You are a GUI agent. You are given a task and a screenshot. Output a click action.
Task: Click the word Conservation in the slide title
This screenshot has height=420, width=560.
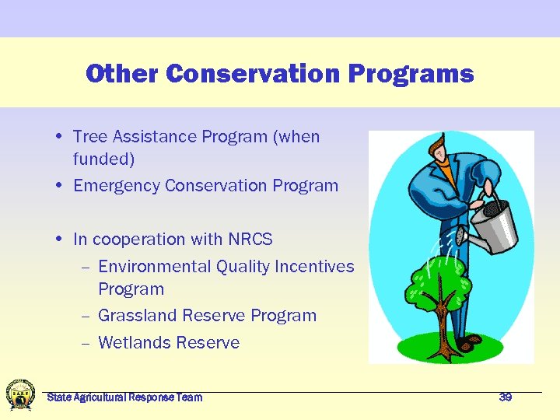click(254, 74)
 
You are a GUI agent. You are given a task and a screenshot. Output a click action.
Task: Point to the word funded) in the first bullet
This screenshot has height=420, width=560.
click(103, 159)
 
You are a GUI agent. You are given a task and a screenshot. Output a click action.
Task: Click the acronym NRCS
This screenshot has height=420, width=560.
click(250, 240)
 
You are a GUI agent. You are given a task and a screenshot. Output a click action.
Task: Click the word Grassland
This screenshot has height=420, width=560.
click(137, 316)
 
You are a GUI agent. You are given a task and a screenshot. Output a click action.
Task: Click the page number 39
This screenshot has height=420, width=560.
click(506, 397)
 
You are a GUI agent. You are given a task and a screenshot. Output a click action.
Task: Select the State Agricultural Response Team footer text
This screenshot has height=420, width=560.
click(124, 397)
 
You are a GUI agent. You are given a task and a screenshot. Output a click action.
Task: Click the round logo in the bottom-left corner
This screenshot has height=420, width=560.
click(20, 395)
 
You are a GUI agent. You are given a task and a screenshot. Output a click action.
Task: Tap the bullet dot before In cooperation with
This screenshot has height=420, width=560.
click(60, 240)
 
